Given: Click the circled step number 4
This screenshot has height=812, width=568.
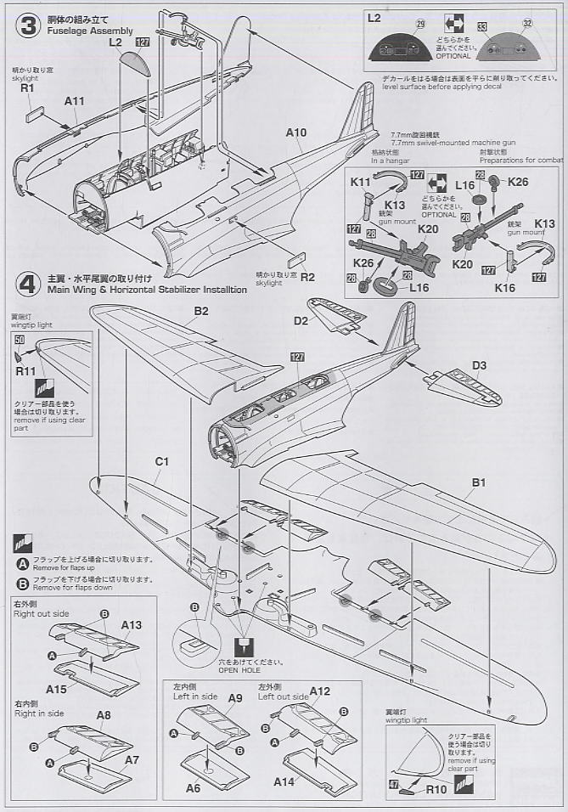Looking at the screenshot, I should [30, 283].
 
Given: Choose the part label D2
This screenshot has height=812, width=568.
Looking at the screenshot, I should [300, 321].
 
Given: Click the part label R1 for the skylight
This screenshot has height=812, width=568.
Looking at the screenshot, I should [26, 87].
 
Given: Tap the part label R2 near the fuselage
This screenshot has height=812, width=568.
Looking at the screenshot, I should [306, 276].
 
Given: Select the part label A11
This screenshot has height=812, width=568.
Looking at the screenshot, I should [75, 100].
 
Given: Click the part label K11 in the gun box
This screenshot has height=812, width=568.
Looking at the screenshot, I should [362, 182].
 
